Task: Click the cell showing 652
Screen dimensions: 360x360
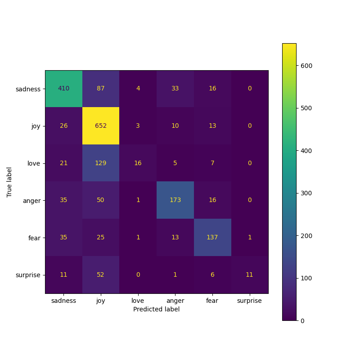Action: tap(100, 126)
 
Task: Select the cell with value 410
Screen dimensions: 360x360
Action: tap(63, 89)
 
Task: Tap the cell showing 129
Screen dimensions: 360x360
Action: tap(100, 163)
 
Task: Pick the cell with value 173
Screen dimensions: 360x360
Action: tap(175, 200)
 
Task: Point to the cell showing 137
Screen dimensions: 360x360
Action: tap(212, 237)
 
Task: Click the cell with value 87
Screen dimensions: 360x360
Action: tap(100, 89)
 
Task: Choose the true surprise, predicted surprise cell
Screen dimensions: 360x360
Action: tap(249, 274)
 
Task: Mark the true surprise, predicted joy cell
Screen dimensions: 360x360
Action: tap(100, 274)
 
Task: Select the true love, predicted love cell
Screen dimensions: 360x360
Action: tap(138, 163)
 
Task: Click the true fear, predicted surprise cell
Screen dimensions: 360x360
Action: tap(249, 237)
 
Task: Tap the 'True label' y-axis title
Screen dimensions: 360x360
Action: tap(9, 182)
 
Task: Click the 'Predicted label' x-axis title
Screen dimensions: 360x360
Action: tap(156, 310)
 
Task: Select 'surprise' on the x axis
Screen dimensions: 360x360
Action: tap(249, 301)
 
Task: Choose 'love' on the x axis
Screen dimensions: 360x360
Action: tap(138, 301)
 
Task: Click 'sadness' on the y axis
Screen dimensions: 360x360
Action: tap(28, 89)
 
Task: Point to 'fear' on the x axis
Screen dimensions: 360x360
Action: tap(212, 301)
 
